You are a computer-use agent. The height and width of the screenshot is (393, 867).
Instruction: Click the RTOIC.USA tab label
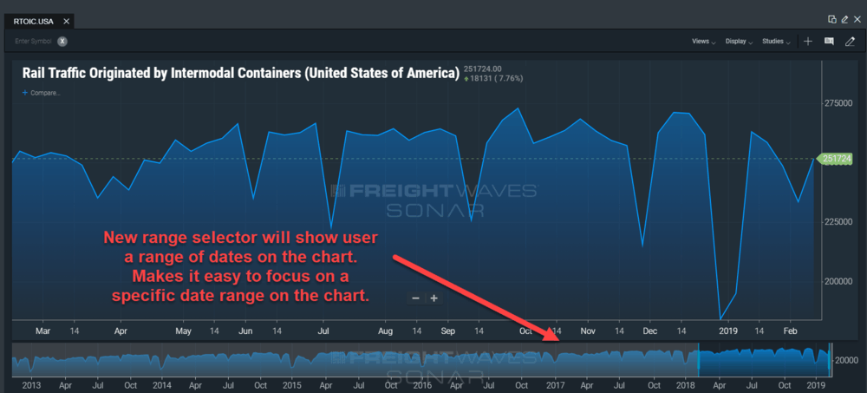click(33, 22)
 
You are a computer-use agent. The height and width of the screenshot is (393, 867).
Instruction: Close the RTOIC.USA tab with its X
click(67, 22)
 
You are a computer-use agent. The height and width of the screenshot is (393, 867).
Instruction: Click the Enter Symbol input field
click(33, 42)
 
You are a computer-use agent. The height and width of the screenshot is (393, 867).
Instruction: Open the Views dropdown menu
click(703, 42)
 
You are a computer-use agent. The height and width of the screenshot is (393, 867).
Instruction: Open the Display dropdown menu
click(739, 42)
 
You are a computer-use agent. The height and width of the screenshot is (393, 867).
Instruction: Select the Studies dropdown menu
click(776, 42)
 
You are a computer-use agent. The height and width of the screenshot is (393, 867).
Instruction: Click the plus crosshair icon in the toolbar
click(808, 42)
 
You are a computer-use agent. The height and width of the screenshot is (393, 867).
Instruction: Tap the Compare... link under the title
click(42, 93)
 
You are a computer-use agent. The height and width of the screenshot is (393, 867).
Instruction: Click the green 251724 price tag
click(835, 159)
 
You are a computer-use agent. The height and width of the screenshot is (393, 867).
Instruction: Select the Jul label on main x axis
click(324, 331)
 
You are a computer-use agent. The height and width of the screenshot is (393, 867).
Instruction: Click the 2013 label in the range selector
click(31, 384)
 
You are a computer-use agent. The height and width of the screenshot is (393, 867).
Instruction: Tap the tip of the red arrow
click(559, 339)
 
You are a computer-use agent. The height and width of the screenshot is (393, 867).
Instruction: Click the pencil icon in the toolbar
click(850, 42)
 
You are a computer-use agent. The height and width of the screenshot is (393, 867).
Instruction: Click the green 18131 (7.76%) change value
click(494, 79)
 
